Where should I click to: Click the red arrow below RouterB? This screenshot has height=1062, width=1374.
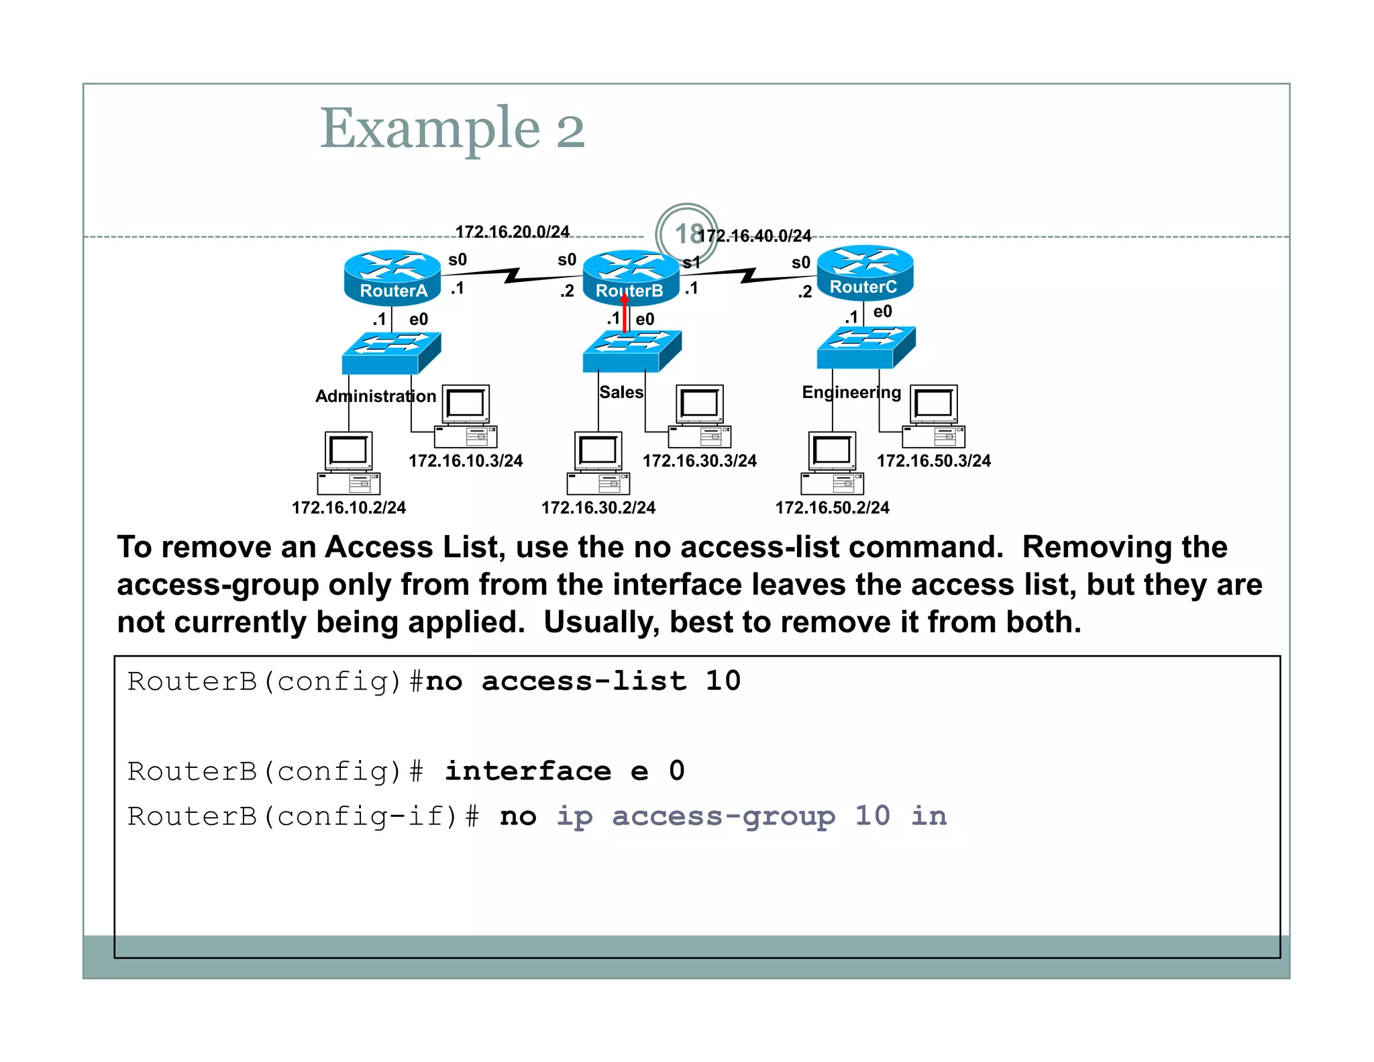[625, 313]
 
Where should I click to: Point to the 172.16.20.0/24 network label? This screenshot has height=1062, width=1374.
[512, 232]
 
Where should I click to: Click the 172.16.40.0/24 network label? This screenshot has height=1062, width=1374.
[755, 236]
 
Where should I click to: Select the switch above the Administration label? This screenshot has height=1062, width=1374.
[391, 353]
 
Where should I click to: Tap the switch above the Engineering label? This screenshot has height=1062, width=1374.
[865, 347]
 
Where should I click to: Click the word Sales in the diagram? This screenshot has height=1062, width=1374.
[621, 392]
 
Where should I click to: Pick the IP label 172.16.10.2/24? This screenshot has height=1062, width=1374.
[349, 508]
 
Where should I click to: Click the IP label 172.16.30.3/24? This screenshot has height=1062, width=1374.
[699, 461]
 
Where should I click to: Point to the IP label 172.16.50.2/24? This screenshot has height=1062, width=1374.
[832, 508]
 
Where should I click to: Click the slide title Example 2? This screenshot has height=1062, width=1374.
[452, 128]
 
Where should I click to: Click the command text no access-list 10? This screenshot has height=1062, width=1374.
[583, 681]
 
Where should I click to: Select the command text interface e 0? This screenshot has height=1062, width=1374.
[564, 771]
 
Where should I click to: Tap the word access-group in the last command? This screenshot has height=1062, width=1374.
[723, 816]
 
